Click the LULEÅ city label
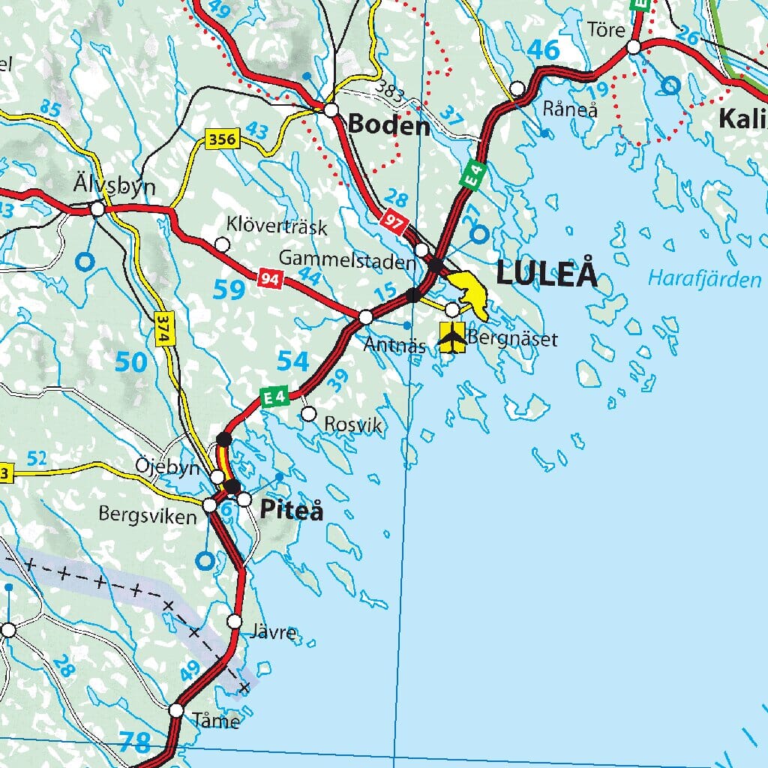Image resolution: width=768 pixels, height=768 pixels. [547, 274]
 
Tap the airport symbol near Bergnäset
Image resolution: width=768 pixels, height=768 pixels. [452, 337]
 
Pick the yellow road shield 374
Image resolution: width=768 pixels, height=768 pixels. [162, 328]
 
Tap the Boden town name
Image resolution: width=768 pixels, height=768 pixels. [389, 124]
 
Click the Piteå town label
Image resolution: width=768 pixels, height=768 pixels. [292, 511]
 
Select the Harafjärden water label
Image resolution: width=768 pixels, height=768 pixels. [704, 280]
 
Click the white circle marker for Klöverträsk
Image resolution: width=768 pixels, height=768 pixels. [222, 244]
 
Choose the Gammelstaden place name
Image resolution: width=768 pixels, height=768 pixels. [346, 259]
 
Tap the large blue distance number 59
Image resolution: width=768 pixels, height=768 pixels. [229, 289]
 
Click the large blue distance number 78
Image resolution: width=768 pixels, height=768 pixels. [134, 743]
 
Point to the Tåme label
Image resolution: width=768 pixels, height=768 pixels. [216, 721]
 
